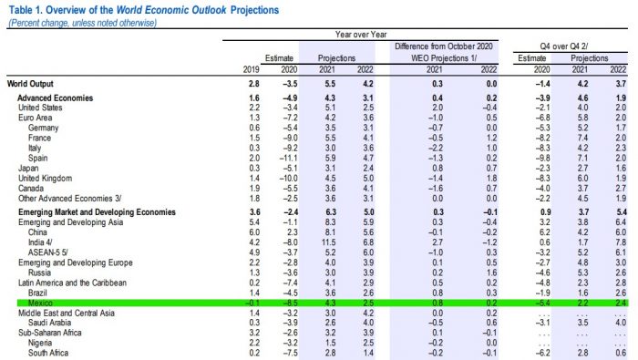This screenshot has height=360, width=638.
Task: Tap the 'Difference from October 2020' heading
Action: (x=443, y=45)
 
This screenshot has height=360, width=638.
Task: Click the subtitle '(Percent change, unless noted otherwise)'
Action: (x=85, y=20)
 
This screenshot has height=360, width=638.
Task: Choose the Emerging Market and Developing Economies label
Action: (x=99, y=211)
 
